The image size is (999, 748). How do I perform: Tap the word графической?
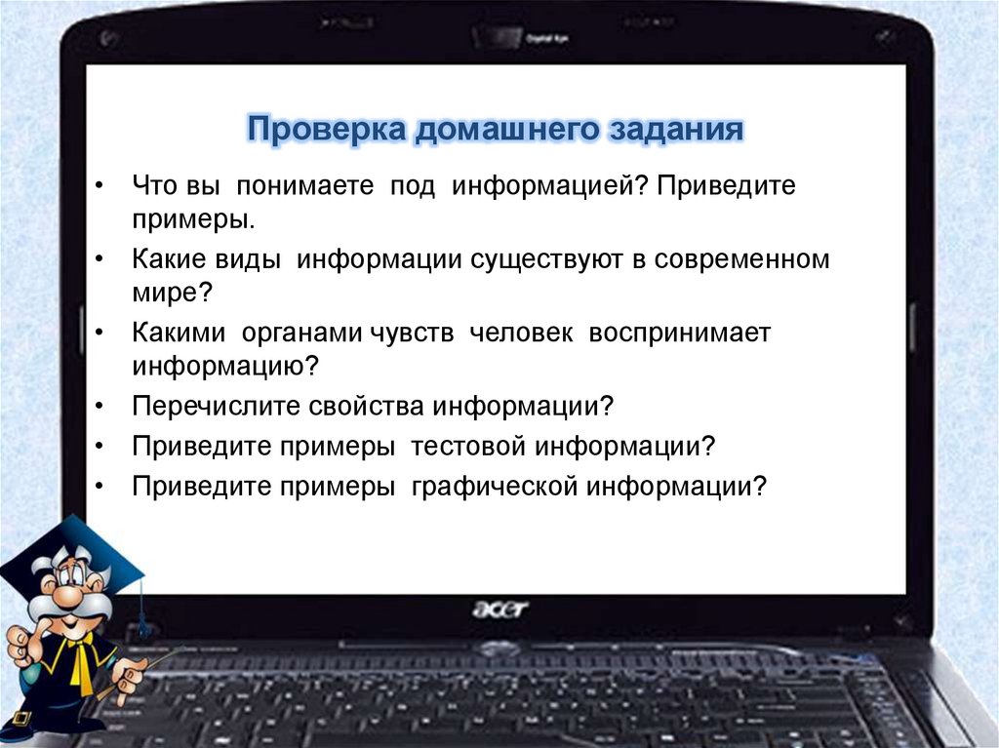tap(494, 486)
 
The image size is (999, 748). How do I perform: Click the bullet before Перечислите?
tap(101, 405)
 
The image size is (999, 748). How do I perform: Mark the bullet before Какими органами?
tap(101, 333)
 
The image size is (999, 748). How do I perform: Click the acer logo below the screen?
tap(499, 610)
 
